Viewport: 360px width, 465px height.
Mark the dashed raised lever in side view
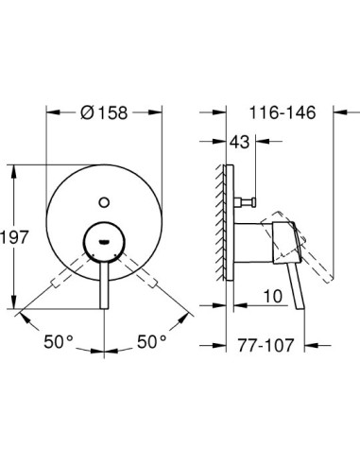coord(312,250)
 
